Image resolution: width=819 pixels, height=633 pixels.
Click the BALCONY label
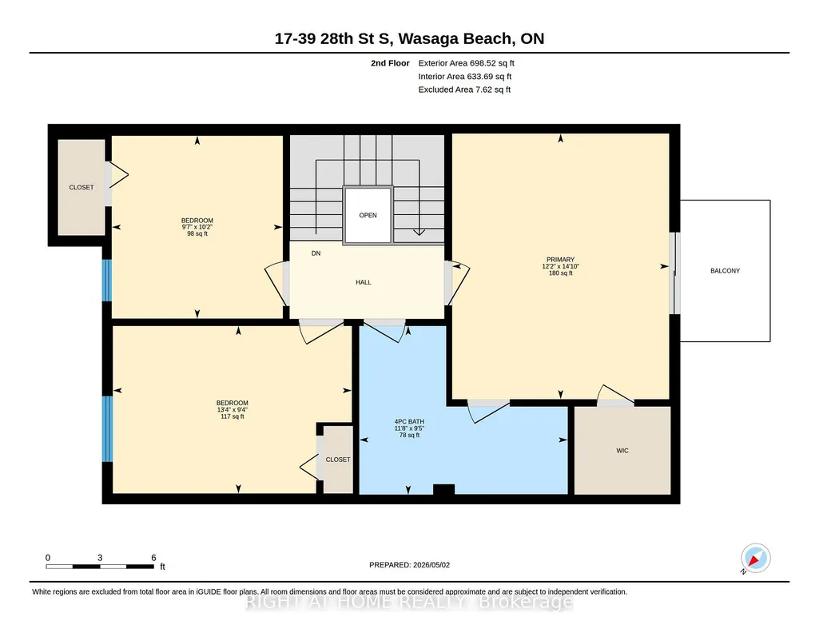click(725, 270)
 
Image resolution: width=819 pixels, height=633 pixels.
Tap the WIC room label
click(622, 451)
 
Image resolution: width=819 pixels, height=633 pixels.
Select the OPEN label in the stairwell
click(368, 215)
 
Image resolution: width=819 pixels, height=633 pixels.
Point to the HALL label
click(364, 282)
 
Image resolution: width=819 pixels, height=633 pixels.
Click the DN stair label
click(316, 253)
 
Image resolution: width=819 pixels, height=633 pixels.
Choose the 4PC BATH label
click(409, 421)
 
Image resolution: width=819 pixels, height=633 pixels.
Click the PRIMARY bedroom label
click(560, 260)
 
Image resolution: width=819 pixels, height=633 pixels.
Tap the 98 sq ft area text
click(197, 234)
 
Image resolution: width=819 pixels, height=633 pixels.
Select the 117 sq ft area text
click(233, 416)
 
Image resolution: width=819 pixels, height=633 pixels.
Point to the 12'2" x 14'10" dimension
click(560, 266)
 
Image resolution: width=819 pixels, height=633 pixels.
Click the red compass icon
click(755, 559)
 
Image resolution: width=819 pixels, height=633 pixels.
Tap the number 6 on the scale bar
click(153, 558)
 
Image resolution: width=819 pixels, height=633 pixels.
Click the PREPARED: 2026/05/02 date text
click(409, 564)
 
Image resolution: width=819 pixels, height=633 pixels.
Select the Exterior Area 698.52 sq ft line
click(467, 63)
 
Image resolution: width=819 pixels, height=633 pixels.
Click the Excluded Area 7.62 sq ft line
click(464, 90)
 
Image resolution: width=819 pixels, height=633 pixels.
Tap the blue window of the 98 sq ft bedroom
click(106, 281)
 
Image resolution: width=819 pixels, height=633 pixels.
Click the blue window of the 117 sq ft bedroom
click(107, 428)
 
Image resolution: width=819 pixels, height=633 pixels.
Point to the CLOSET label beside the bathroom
click(338, 460)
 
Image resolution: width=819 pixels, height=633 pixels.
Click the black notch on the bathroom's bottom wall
click(444, 489)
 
